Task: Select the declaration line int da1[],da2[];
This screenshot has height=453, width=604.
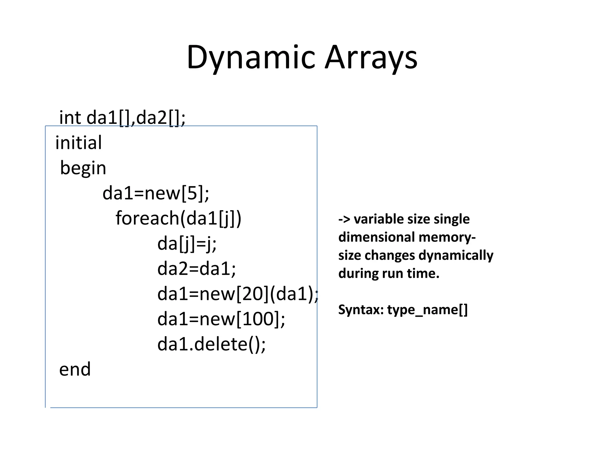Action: click(122, 118)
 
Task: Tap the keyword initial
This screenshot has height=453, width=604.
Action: click(78, 143)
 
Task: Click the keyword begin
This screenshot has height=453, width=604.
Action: click(83, 168)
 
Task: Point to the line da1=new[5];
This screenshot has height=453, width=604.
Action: click(156, 193)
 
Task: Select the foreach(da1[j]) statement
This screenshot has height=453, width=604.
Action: click(178, 219)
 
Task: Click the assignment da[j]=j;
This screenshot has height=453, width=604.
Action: click(187, 244)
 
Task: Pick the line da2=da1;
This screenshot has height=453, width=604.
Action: click(197, 269)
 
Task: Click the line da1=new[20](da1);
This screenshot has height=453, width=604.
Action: click(238, 294)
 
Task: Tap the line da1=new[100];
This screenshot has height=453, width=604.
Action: click(221, 319)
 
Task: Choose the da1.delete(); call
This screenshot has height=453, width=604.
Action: click(211, 344)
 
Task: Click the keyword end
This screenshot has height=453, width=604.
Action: click(75, 370)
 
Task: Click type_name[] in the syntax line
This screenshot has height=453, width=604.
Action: click(427, 310)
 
